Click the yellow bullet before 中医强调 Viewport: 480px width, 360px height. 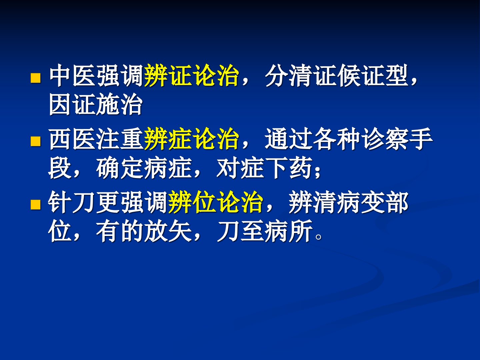point(36,78)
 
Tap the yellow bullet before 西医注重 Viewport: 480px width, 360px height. point(36,141)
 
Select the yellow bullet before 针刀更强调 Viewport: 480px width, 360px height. point(36,204)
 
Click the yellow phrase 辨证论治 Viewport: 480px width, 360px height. point(191,75)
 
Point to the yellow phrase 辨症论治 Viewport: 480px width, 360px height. point(191,139)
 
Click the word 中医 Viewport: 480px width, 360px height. point(73,75)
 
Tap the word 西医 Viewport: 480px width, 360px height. point(73,139)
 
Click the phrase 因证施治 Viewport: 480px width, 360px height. point(96,104)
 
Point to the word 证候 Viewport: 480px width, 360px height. point(337,75)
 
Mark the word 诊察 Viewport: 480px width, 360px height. point(385,139)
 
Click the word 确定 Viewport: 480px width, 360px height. point(120,168)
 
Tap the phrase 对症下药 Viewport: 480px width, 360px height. point(264,168)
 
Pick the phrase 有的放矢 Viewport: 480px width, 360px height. point(144,231)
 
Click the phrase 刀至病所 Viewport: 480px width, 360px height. point(264,231)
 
